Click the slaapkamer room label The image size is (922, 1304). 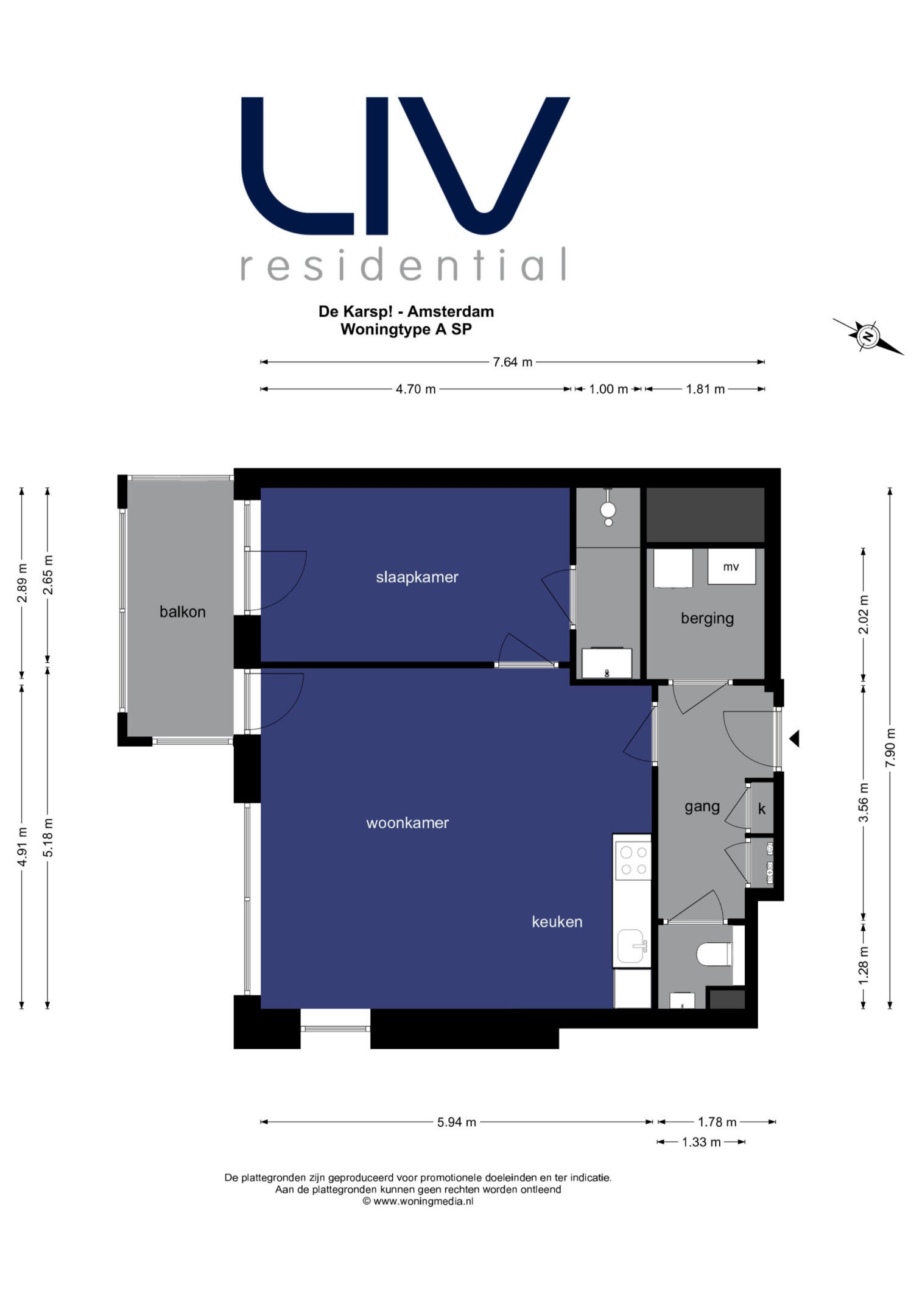417,577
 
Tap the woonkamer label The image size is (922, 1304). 407,823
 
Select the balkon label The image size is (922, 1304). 182,611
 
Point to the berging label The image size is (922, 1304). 707,618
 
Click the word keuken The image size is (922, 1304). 557,922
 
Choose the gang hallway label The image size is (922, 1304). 702,807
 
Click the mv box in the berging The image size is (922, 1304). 731,566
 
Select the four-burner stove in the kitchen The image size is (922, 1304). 633,860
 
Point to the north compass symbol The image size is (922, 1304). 868,336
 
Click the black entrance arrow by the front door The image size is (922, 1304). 794,739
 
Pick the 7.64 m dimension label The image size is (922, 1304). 512,362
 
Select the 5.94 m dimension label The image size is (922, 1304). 456,1122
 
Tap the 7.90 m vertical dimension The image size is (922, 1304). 890,748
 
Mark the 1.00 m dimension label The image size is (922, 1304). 608,389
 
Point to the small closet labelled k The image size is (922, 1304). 762,809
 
